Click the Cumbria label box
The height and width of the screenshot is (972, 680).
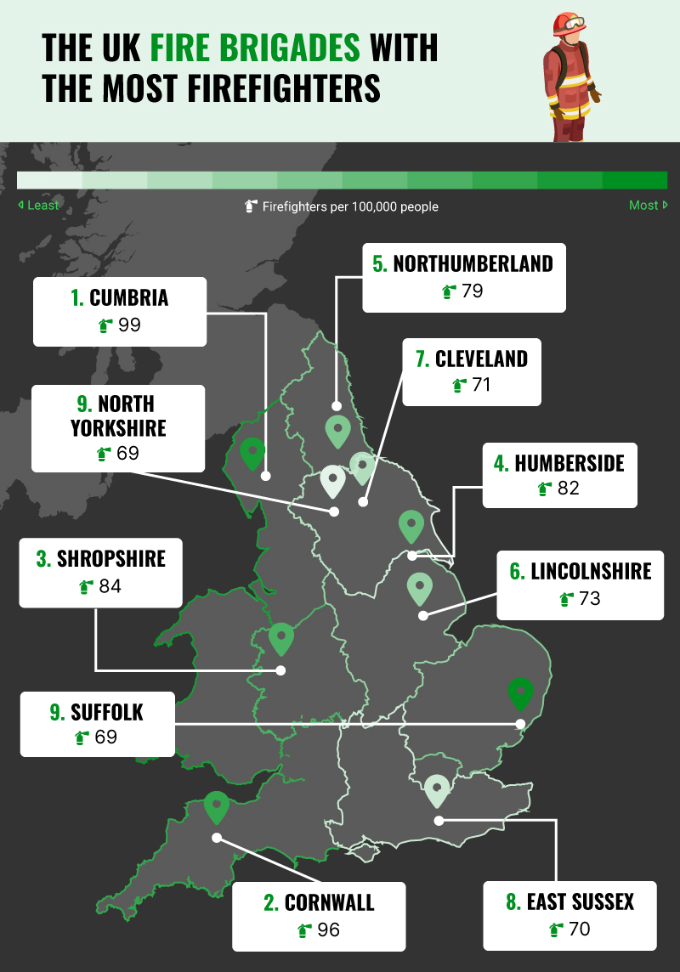click(120, 311)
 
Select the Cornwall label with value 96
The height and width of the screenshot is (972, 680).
click(319, 916)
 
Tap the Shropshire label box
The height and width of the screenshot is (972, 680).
click(100, 572)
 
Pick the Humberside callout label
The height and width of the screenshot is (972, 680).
click(559, 476)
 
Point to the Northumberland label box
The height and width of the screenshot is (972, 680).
click(463, 277)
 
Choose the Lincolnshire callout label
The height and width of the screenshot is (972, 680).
click(581, 585)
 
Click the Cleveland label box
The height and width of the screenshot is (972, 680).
click(472, 372)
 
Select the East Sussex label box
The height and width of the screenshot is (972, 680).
click(569, 915)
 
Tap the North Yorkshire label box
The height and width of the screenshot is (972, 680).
click(118, 428)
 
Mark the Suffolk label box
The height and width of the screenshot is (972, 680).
click(97, 724)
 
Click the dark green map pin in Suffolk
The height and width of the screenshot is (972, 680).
click(520, 693)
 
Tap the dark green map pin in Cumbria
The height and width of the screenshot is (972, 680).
click(252, 454)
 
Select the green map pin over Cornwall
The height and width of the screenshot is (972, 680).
click(217, 806)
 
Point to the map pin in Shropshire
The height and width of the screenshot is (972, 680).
click(280, 638)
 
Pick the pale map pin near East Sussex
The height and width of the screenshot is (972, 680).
click(437, 789)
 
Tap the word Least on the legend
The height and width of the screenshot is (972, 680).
click(43, 206)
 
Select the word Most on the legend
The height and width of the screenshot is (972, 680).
click(643, 206)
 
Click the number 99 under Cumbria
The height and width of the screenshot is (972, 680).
click(130, 325)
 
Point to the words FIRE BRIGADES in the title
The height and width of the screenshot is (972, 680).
click(255, 48)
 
